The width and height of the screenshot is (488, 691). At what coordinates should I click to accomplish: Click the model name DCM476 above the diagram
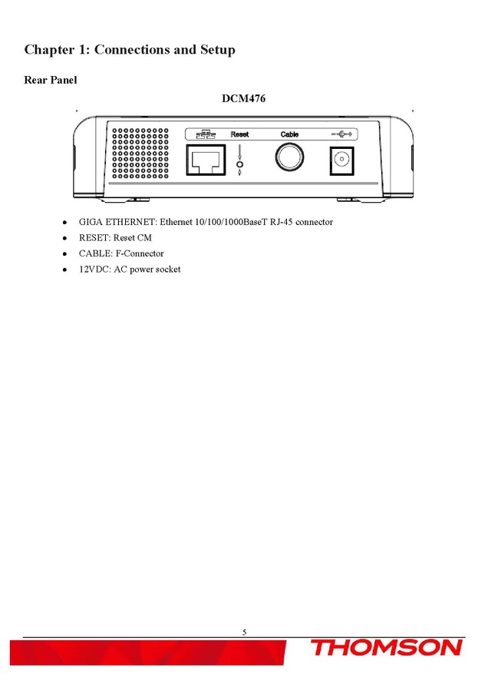coord(243,98)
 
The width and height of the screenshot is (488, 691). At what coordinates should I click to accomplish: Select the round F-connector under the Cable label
coord(290,158)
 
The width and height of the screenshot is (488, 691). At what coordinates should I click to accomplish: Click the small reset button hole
coord(239,164)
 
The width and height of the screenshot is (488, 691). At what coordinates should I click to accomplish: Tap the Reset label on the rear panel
coord(239,134)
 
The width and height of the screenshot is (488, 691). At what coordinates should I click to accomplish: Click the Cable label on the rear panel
coord(289,134)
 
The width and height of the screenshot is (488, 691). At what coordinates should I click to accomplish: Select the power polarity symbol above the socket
coord(341,134)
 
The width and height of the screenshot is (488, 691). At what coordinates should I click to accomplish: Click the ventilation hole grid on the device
coord(141,154)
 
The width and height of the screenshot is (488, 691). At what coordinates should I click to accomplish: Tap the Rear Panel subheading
coord(51,80)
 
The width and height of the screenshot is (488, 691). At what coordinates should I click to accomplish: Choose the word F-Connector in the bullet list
coord(138,253)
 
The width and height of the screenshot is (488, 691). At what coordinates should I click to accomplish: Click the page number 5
coord(244,632)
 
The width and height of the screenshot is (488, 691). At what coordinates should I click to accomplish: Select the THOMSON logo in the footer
coord(387,648)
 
